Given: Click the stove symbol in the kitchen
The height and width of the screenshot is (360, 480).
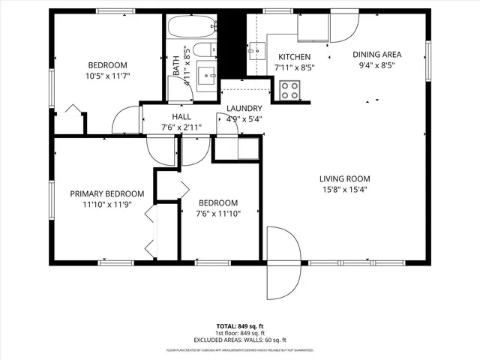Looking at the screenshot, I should tap(289, 90).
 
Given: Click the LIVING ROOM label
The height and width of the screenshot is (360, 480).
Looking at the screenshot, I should tap(345, 178).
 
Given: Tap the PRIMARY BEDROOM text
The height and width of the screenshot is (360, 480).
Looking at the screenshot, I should tap(100, 193).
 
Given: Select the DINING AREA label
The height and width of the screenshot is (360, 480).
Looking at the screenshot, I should tap(378, 54).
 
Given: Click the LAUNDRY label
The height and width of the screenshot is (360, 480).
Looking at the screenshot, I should tap(244, 108).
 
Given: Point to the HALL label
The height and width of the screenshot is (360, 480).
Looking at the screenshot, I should tap(181, 117).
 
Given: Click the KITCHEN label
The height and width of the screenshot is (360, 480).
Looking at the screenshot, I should tap(294, 57).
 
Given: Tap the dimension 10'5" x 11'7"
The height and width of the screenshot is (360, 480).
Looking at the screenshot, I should tap(107, 76).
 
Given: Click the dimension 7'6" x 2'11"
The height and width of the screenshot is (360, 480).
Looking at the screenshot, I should tap(181, 127).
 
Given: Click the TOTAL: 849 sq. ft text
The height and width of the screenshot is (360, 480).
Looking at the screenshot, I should tap(240, 325).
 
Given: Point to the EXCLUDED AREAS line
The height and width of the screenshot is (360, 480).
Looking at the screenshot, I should tap(240, 340).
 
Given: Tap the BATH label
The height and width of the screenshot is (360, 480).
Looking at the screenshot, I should tap(176, 70).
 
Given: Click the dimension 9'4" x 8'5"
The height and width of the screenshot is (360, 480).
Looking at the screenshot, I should tap(378, 64).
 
